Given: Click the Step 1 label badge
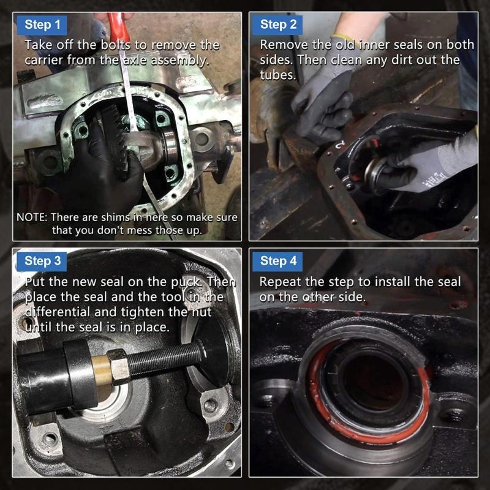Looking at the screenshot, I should point(42,25).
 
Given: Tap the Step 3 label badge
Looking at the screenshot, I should point(42,261).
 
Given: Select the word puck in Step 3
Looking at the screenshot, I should point(189,282).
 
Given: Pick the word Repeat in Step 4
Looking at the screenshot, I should point(279,282).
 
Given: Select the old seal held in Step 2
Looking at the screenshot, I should point(375,171).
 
